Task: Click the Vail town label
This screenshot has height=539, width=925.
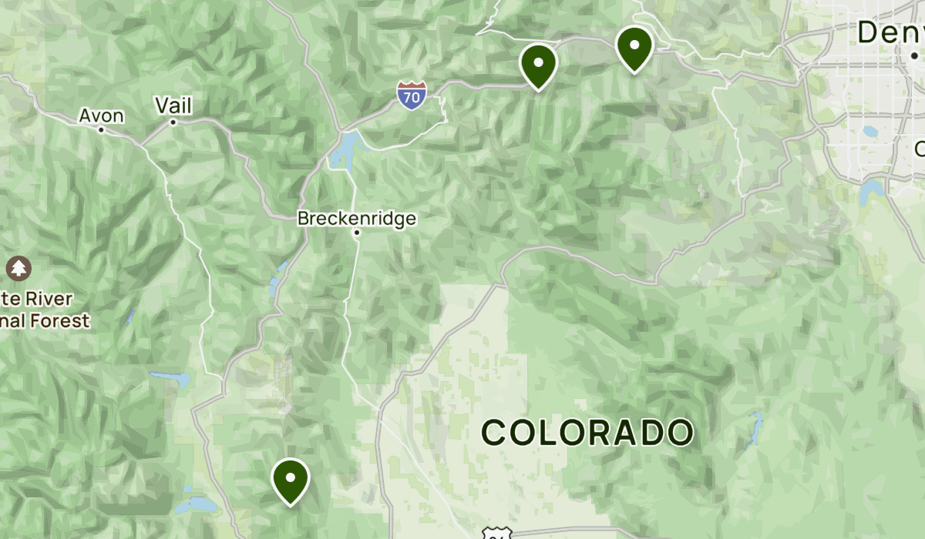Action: coord(173,105)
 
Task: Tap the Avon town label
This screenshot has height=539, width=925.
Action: coord(101,115)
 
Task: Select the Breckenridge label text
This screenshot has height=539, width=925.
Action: coord(357,219)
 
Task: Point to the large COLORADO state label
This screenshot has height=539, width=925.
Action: coord(587,433)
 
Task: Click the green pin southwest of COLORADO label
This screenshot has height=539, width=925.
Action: coord(291,479)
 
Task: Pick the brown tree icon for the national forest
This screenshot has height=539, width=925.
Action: coord(17,269)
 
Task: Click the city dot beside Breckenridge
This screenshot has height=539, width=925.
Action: coord(357,232)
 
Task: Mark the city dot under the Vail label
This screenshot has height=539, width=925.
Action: coord(173,122)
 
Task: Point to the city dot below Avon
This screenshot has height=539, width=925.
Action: coord(101,129)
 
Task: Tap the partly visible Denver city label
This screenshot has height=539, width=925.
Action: coord(891,32)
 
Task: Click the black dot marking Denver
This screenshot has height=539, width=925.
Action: coord(914,55)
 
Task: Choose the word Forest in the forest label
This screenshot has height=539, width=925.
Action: coord(66,320)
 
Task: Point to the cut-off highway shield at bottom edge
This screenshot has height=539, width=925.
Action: coord(493,534)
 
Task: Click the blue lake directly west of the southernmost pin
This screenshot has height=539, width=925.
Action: coord(196,505)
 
